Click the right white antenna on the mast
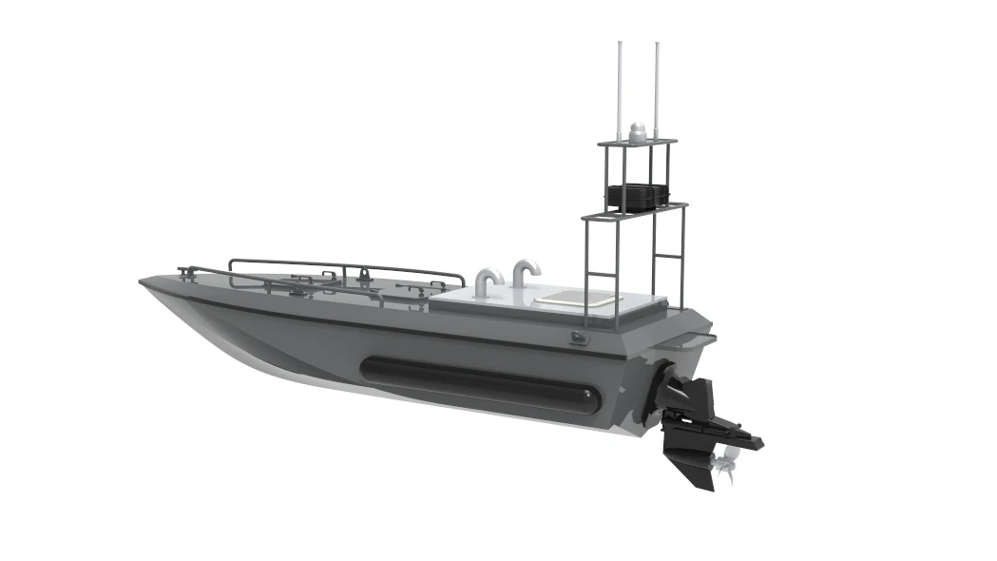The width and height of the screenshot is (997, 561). (655, 86)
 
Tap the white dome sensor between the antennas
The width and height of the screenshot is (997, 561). (638, 130)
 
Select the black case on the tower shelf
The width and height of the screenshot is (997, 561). (635, 196)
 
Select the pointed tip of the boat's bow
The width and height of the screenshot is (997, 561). (143, 282)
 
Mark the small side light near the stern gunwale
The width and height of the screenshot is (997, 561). (579, 338)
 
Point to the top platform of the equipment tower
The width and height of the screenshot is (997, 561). (637, 144)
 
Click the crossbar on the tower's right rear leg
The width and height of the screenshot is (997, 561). (671, 257)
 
